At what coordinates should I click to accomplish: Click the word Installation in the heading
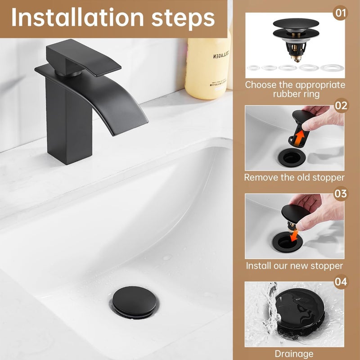[77, 18]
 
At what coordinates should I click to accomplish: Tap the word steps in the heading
[183, 19]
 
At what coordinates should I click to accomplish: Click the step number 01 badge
[341, 13]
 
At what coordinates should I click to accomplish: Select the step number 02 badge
[341, 105]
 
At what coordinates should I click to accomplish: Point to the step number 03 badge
[341, 193]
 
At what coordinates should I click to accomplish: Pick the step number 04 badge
[341, 282]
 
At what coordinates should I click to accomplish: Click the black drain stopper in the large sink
[134, 301]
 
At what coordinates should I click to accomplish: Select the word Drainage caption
[294, 354]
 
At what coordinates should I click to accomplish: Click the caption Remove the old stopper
[294, 177]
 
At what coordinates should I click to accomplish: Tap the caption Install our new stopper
[294, 265]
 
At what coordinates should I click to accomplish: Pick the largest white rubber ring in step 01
[332, 68]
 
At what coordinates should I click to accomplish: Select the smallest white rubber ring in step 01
[253, 68]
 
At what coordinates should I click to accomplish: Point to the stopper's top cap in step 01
[296, 23]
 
